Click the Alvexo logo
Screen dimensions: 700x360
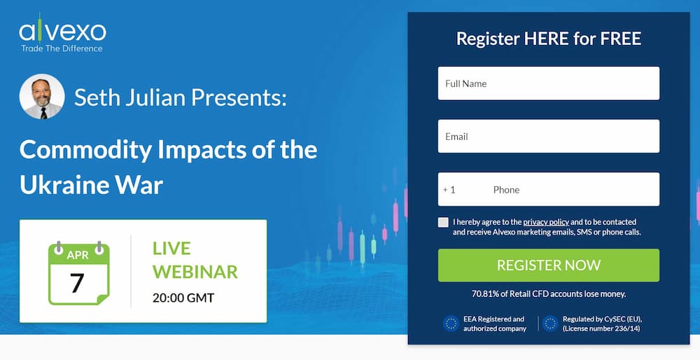(62, 33)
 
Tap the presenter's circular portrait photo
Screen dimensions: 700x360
(42, 97)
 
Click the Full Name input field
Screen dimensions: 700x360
(548, 83)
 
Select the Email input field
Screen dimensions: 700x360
(548, 137)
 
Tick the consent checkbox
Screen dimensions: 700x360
(443, 223)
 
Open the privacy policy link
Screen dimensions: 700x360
(546, 222)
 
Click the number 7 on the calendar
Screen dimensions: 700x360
(77, 283)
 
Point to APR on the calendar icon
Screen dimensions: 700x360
(78, 255)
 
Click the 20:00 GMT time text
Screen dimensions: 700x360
(183, 298)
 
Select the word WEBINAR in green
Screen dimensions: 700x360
(195, 272)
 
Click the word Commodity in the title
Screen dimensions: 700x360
(85, 150)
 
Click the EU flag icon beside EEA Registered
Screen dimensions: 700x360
(451, 324)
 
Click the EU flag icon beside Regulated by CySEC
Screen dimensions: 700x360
(550, 324)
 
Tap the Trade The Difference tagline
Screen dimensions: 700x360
(62, 48)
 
